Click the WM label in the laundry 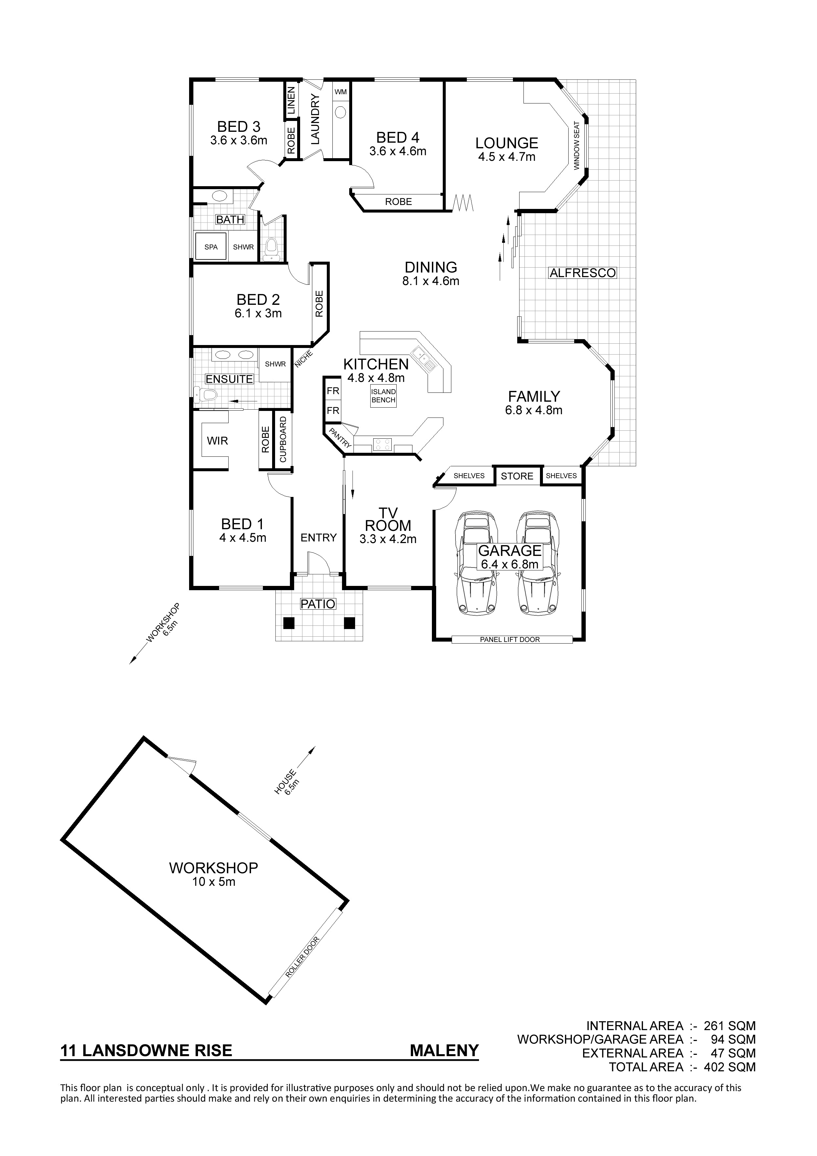pos(341,92)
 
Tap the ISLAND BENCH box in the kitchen pos(383,396)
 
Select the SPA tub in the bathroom pos(211,247)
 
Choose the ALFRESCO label pos(582,273)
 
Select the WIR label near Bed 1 pos(217,441)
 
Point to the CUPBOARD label pos(283,440)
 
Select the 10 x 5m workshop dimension pos(213,881)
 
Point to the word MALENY pos(444,1050)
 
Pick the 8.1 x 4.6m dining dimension pos(431,281)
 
